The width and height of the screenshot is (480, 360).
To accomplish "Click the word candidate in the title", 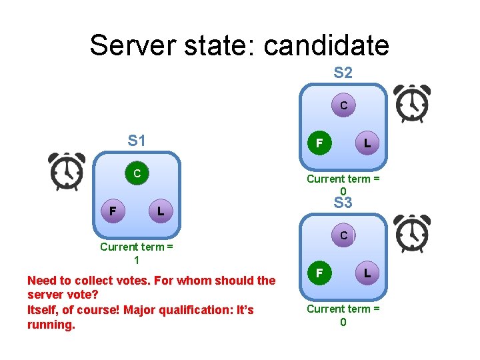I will [x=326, y=45].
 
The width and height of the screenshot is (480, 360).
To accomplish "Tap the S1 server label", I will [x=137, y=141].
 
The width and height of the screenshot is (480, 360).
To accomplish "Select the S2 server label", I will [x=343, y=73].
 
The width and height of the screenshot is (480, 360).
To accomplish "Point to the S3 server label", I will [x=343, y=203].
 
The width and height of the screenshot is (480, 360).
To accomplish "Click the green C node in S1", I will [x=137, y=173].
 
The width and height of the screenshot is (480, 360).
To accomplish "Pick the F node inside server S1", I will [x=113, y=211].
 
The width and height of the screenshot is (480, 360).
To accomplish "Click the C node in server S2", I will [x=343, y=105].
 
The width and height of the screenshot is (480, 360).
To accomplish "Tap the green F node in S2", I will [x=319, y=143].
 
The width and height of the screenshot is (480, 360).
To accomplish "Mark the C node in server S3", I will [x=343, y=235].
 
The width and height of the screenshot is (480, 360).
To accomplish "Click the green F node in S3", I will [x=319, y=273].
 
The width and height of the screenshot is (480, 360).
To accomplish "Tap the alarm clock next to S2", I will [x=411, y=103].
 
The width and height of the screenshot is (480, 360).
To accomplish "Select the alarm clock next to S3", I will [x=411, y=234].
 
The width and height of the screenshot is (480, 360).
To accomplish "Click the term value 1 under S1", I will [x=137, y=260].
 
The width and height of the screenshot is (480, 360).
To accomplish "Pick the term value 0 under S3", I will [x=343, y=322].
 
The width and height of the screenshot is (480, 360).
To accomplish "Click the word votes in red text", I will [x=131, y=281].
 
